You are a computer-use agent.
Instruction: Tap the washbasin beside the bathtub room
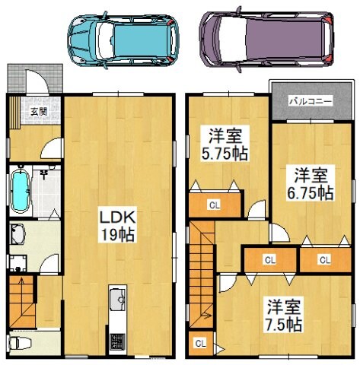(x=18, y=232)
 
